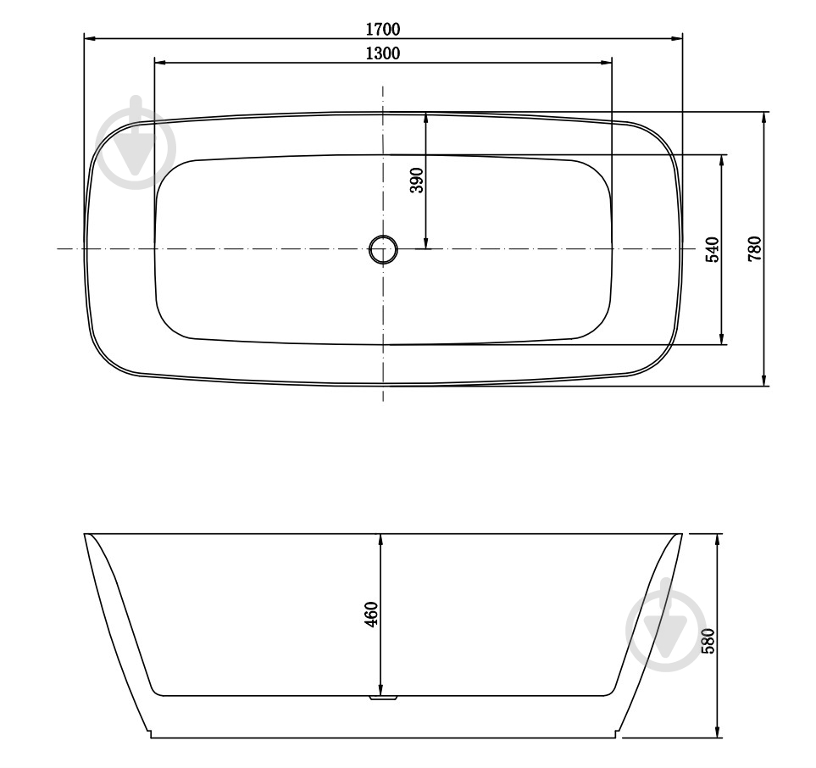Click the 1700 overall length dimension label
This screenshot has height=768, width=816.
[382, 29]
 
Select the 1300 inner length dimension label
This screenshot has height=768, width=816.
[382, 53]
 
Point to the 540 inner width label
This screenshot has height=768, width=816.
[712, 249]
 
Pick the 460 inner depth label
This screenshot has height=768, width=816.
[371, 615]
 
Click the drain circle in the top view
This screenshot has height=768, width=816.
[383, 249]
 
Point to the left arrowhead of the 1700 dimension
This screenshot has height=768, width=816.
[90, 38]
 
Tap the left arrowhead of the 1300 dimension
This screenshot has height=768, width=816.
[160, 62]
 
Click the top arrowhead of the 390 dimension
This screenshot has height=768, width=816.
[426, 118]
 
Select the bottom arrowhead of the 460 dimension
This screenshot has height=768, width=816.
[381, 689]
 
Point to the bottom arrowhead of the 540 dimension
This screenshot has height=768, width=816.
[723, 338]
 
